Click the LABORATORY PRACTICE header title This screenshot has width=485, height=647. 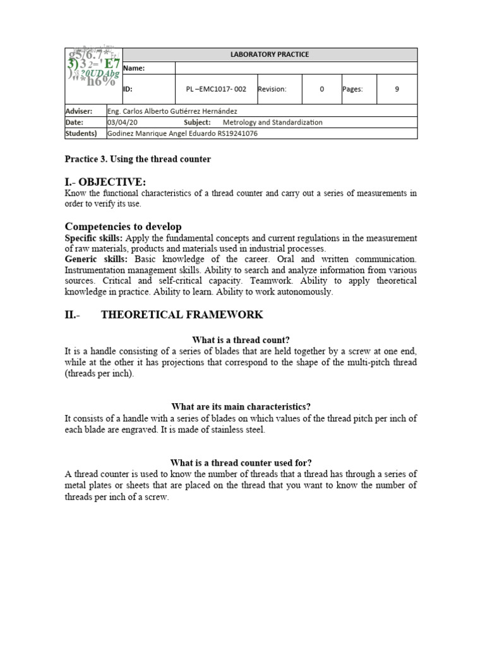pos(270,54)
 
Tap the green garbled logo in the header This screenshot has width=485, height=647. pos(93,68)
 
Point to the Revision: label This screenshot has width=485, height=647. pos(272,89)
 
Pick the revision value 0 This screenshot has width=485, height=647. pos(321,89)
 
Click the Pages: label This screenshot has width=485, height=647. pos(352,89)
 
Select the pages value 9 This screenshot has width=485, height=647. pos(397,89)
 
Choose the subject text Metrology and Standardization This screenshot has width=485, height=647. pos(272,122)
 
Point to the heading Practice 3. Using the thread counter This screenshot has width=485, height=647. pos(138,159)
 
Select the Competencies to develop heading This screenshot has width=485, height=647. pos(123,226)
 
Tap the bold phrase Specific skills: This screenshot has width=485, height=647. pos(94,238)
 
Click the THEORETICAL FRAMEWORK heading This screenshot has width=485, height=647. pos(182,315)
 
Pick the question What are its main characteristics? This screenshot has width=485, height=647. pos(241,406)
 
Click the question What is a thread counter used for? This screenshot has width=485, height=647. pos(241,462)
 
